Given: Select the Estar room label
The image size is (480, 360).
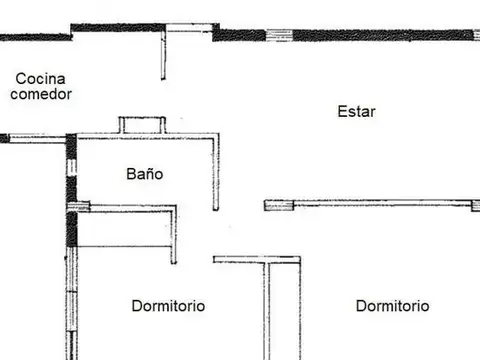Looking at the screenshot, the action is point(356,112).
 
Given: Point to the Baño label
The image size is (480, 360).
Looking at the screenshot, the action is point(144,173).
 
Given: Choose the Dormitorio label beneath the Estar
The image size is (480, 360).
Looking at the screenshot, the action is point(392,306).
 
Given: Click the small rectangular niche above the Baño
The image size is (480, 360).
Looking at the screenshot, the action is point(142,125).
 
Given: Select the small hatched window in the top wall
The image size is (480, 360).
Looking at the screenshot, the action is point(279,35).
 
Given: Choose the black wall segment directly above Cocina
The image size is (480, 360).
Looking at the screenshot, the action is point(35,37).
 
